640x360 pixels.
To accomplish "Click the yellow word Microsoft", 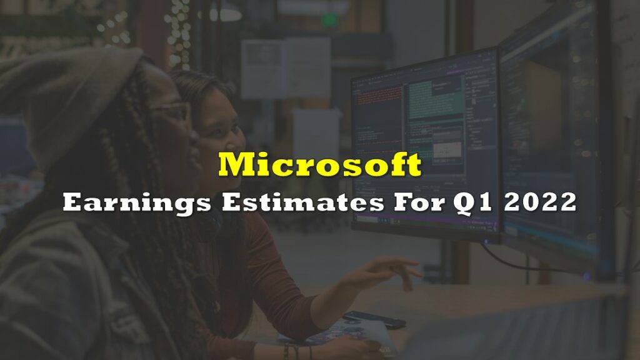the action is click(x=320, y=164).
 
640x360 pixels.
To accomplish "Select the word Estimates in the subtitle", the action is click(x=303, y=202).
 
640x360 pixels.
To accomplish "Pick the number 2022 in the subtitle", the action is click(x=540, y=202).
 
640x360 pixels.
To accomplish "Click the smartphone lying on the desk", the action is click(x=374, y=319).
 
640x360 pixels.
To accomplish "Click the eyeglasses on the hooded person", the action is click(x=174, y=110).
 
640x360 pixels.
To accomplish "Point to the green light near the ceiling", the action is click(x=329, y=19).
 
